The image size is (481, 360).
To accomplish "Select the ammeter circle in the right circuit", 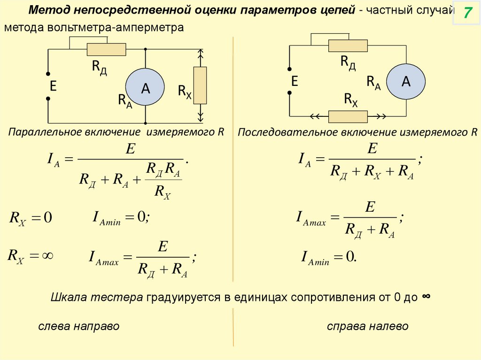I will point(405,82).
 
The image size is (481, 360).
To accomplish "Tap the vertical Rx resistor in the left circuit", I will point(201,85).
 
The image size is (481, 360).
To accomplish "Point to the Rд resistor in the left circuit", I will point(107,49).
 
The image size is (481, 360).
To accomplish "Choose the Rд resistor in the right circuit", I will point(348,46).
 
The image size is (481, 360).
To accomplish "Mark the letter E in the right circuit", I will point(295,81).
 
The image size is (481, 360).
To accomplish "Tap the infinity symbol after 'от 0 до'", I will point(427,297).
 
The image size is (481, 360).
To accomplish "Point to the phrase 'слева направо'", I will point(79,326).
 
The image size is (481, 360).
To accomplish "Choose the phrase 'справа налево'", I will point(368,326).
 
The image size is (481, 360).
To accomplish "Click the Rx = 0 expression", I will point(30,218).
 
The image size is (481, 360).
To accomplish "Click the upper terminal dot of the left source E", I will point(47,73).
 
